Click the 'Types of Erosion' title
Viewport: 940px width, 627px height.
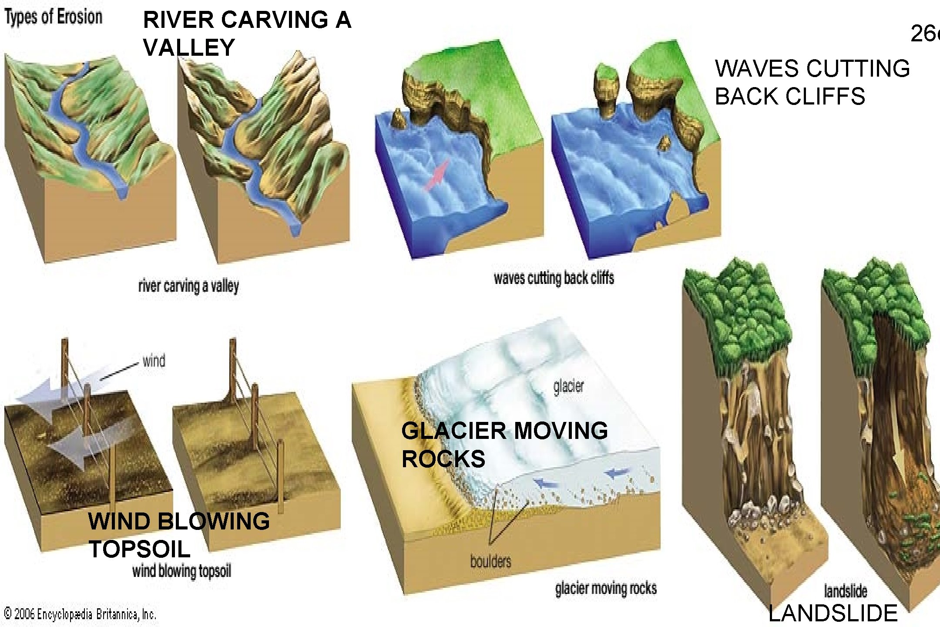54,17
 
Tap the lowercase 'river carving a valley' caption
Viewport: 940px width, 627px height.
188,286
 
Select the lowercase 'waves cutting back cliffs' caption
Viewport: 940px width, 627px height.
554,278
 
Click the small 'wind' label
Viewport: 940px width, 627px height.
154,361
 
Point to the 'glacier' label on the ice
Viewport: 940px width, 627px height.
568,386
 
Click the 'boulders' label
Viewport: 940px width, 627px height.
490,561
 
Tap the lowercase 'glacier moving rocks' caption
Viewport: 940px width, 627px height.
605,588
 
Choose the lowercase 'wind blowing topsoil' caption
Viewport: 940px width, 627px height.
181,571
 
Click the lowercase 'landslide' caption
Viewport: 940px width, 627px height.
845,591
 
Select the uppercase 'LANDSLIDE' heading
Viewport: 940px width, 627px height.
833,613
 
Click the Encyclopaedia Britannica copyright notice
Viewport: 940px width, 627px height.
80,614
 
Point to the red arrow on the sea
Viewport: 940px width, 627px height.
436,175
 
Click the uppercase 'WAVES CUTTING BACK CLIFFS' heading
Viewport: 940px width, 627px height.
812,82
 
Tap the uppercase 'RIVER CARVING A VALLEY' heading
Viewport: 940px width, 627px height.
246,34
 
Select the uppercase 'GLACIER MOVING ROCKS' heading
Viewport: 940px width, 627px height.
504,444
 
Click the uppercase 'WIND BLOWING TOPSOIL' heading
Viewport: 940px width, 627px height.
179,535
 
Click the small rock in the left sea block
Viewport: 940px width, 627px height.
398,119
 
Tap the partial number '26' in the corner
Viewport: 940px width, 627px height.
925,34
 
